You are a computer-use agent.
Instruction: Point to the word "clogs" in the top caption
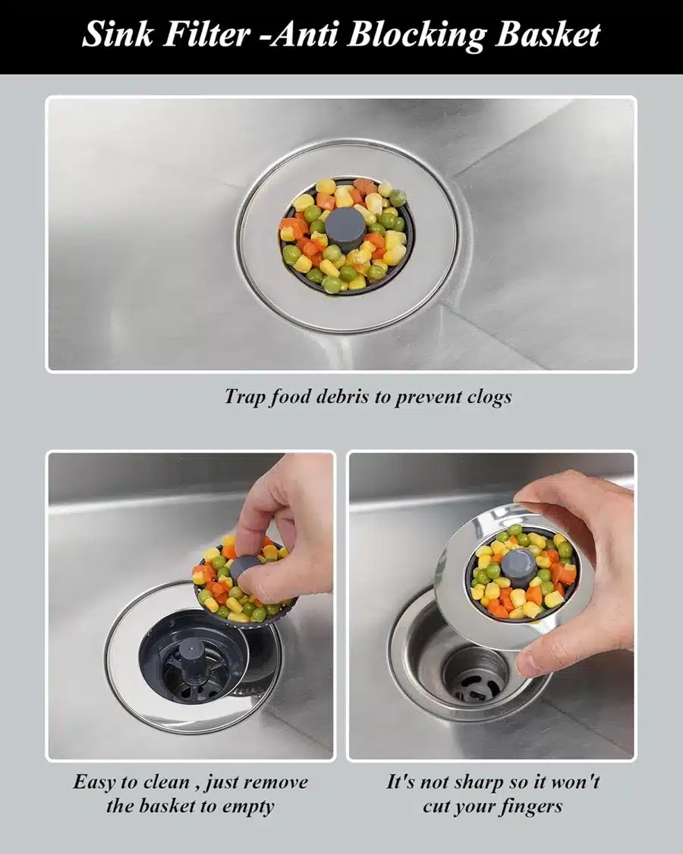pos(489,398)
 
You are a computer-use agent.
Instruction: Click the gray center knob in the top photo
pos(345,226)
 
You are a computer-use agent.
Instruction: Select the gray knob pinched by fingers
pos(244,569)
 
